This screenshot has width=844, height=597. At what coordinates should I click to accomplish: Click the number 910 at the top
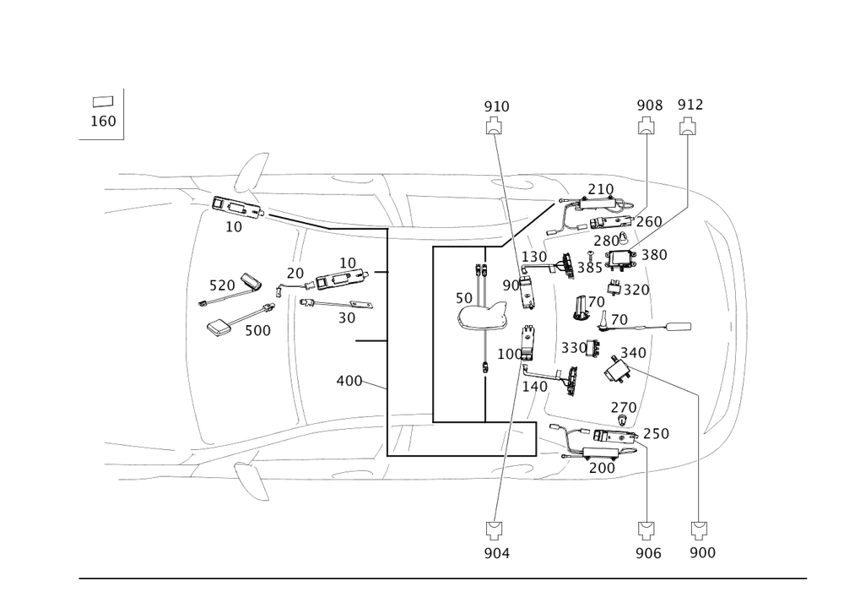click(x=496, y=106)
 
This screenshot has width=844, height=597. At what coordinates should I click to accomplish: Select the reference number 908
click(x=649, y=106)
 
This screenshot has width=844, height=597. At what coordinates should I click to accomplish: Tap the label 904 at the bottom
click(x=497, y=552)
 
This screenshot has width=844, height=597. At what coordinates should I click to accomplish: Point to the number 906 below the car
click(x=648, y=552)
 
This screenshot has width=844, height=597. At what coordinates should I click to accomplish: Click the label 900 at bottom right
click(x=702, y=552)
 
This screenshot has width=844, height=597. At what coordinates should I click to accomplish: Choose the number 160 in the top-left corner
click(x=103, y=121)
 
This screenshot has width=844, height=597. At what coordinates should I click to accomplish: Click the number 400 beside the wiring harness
click(x=349, y=381)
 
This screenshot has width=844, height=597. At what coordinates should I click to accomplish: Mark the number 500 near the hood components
click(x=257, y=332)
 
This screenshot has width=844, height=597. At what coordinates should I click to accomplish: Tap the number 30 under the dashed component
click(x=346, y=318)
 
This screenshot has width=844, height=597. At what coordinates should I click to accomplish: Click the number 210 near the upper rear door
click(x=600, y=187)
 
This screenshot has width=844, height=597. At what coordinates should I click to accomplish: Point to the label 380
click(x=654, y=256)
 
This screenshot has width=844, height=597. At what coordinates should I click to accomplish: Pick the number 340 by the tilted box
click(x=633, y=350)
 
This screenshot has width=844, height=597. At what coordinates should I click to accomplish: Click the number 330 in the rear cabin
click(x=574, y=347)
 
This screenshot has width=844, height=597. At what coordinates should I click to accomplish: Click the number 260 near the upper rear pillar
click(x=649, y=221)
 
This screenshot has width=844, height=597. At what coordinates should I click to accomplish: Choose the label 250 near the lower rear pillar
click(x=656, y=433)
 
